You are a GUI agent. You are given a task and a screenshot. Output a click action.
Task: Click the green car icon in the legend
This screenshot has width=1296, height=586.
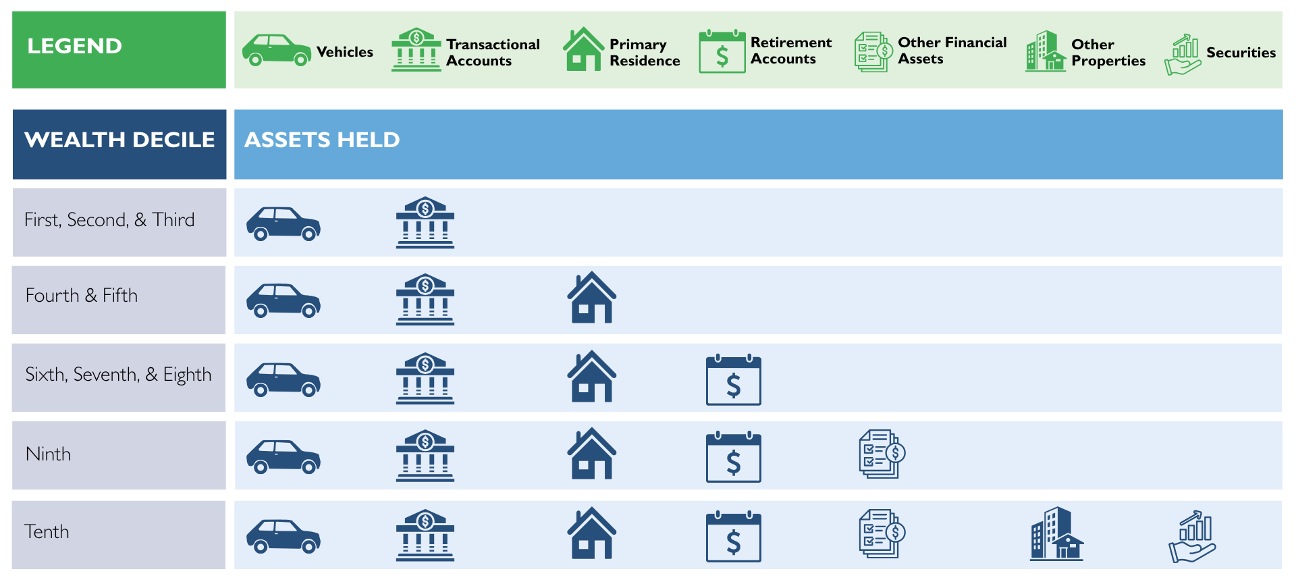(277, 50)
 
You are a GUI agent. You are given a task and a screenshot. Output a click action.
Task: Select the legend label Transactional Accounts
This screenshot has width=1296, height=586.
(493, 53)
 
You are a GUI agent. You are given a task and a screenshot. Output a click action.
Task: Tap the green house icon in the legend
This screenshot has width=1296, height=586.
(583, 49)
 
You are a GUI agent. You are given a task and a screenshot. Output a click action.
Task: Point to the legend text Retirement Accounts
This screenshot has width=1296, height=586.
(791, 51)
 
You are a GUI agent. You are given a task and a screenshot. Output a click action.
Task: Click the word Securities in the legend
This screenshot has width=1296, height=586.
(1241, 53)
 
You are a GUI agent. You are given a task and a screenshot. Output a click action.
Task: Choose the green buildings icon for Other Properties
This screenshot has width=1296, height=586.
(1046, 51)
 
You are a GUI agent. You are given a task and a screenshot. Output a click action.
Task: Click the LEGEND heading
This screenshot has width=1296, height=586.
(74, 46)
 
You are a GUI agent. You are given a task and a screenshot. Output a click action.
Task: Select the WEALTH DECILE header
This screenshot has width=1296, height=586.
(119, 140)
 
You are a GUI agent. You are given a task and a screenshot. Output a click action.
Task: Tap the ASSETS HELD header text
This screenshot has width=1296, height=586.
(322, 140)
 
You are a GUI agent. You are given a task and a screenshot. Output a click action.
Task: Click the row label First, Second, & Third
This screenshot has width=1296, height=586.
(109, 220)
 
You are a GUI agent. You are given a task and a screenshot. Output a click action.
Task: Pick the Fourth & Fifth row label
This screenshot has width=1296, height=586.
(82, 296)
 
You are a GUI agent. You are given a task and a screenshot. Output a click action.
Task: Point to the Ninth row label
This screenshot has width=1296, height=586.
(48, 454)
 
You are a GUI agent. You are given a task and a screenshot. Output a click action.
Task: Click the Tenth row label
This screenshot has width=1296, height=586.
(47, 532)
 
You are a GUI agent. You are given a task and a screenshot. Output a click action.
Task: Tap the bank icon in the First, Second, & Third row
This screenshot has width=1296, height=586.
(425, 223)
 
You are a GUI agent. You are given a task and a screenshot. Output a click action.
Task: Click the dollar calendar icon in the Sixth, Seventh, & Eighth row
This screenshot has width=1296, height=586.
(734, 379)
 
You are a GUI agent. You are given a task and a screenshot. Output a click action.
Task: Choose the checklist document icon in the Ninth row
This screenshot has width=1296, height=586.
(882, 454)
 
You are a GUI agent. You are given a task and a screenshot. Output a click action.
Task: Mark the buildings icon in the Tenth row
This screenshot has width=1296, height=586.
(1056, 533)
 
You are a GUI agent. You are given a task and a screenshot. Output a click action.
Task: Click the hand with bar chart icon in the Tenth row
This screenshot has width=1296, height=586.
(1193, 537)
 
